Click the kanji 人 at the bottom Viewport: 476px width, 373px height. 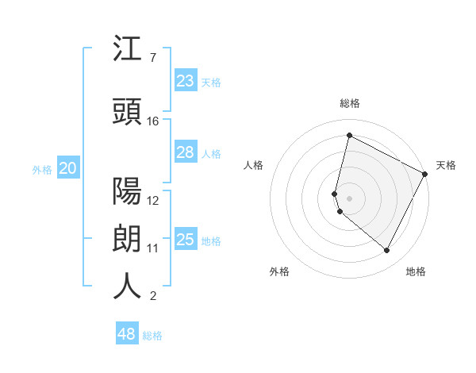127,286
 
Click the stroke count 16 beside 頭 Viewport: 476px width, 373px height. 153,121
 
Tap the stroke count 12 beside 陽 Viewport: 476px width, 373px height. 153,200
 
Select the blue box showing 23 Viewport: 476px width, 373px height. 186,80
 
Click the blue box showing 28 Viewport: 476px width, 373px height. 186,152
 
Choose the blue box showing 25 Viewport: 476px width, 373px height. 186,239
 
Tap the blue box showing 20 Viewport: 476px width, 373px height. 68,167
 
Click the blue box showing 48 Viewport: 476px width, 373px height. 127,334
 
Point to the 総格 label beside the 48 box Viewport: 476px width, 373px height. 152,336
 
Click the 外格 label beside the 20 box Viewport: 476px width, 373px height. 42,169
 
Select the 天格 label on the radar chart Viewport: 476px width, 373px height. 446,165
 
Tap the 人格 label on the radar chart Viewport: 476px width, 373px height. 254,165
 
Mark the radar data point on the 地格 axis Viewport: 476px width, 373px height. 386,251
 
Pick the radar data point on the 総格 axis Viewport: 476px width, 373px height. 349,136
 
